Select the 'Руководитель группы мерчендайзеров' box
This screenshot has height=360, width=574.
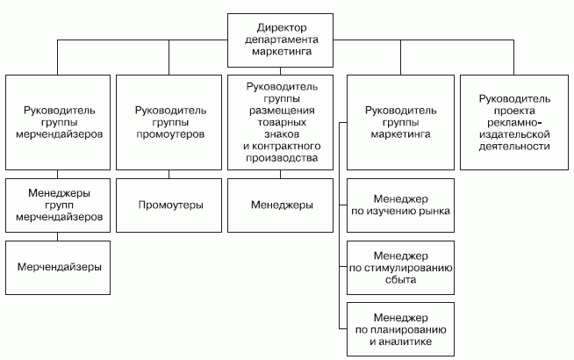click(58, 124)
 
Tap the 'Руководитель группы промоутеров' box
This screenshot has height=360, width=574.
click(169, 124)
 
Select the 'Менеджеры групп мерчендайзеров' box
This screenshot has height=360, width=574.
click(58, 204)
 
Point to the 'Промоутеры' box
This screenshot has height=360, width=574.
click(169, 205)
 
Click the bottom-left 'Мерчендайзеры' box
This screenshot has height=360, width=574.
click(58, 264)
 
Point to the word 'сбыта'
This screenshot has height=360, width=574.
click(399, 280)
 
